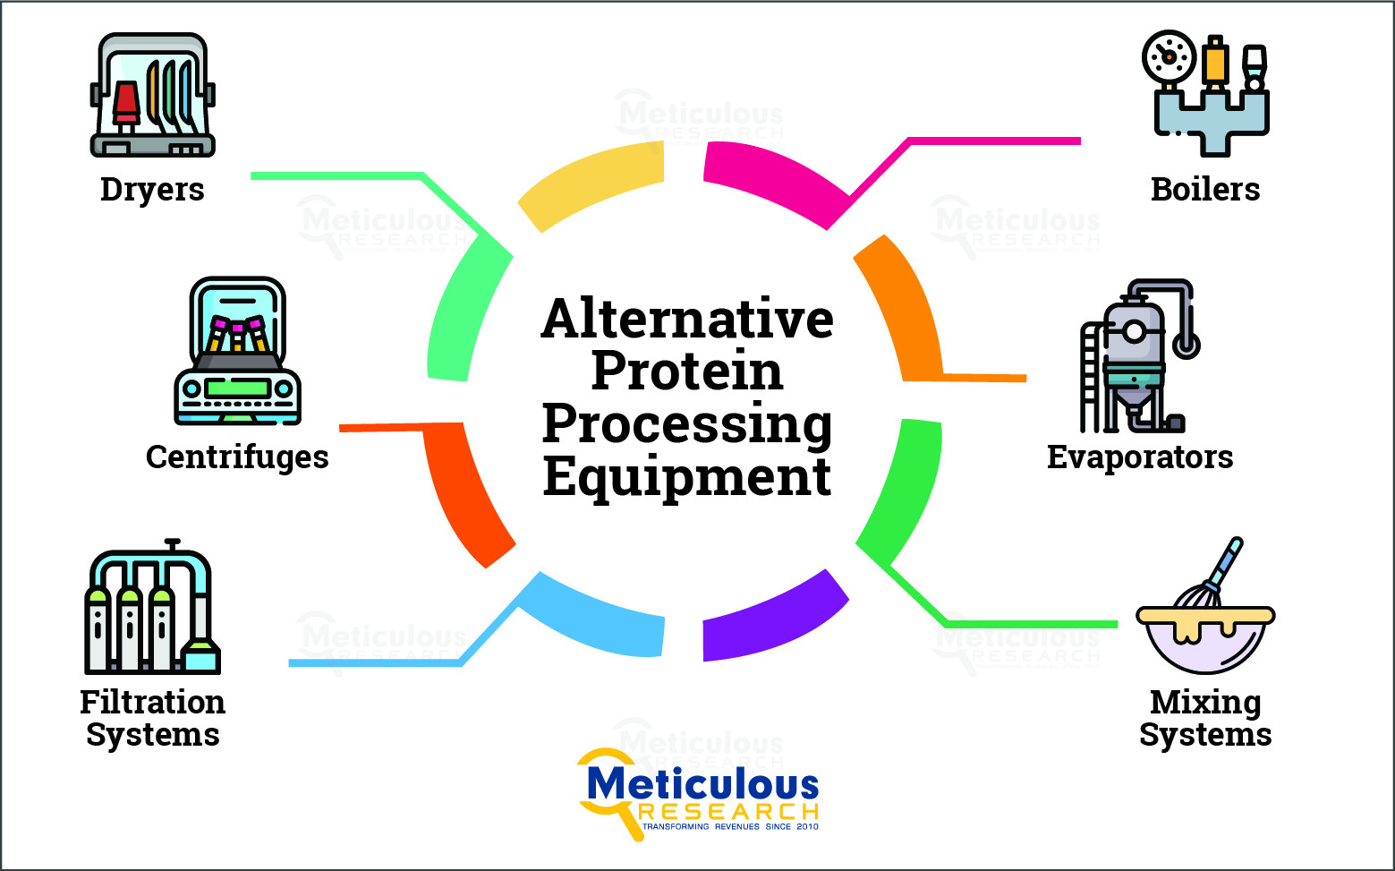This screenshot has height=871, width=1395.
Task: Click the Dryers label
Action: pyautogui.click(x=152, y=190)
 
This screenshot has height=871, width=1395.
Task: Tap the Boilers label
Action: pyautogui.click(x=1204, y=190)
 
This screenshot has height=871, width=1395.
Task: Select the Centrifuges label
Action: pyautogui.click(x=237, y=457)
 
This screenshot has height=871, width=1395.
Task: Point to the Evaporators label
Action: pyautogui.click(x=1139, y=457)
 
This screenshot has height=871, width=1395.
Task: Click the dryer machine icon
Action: pyautogui.click(x=153, y=96)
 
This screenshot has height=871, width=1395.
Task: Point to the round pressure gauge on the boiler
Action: pyautogui.click(x=1169, y=57)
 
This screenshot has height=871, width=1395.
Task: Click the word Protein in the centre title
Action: pyautogui.click(x=686, y=371)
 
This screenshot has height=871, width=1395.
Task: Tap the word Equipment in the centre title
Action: pyautogui.click(x=686, y=476)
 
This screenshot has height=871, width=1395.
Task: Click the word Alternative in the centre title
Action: pyautogui.click(x=686, y=319)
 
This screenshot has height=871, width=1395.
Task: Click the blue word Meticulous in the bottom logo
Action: pyautogui.click(x=702, y=785)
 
